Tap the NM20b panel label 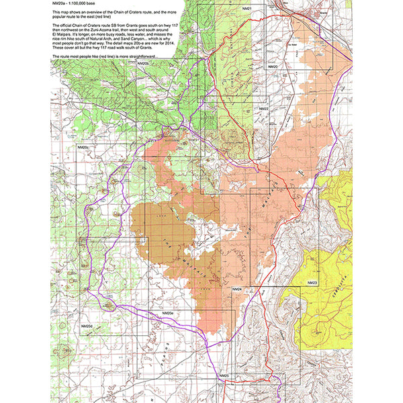tap(142, 64)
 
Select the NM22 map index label tap(263, 108)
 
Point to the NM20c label tap(83, 146)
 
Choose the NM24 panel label tap(236, 289)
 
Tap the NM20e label tap(169, 314)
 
